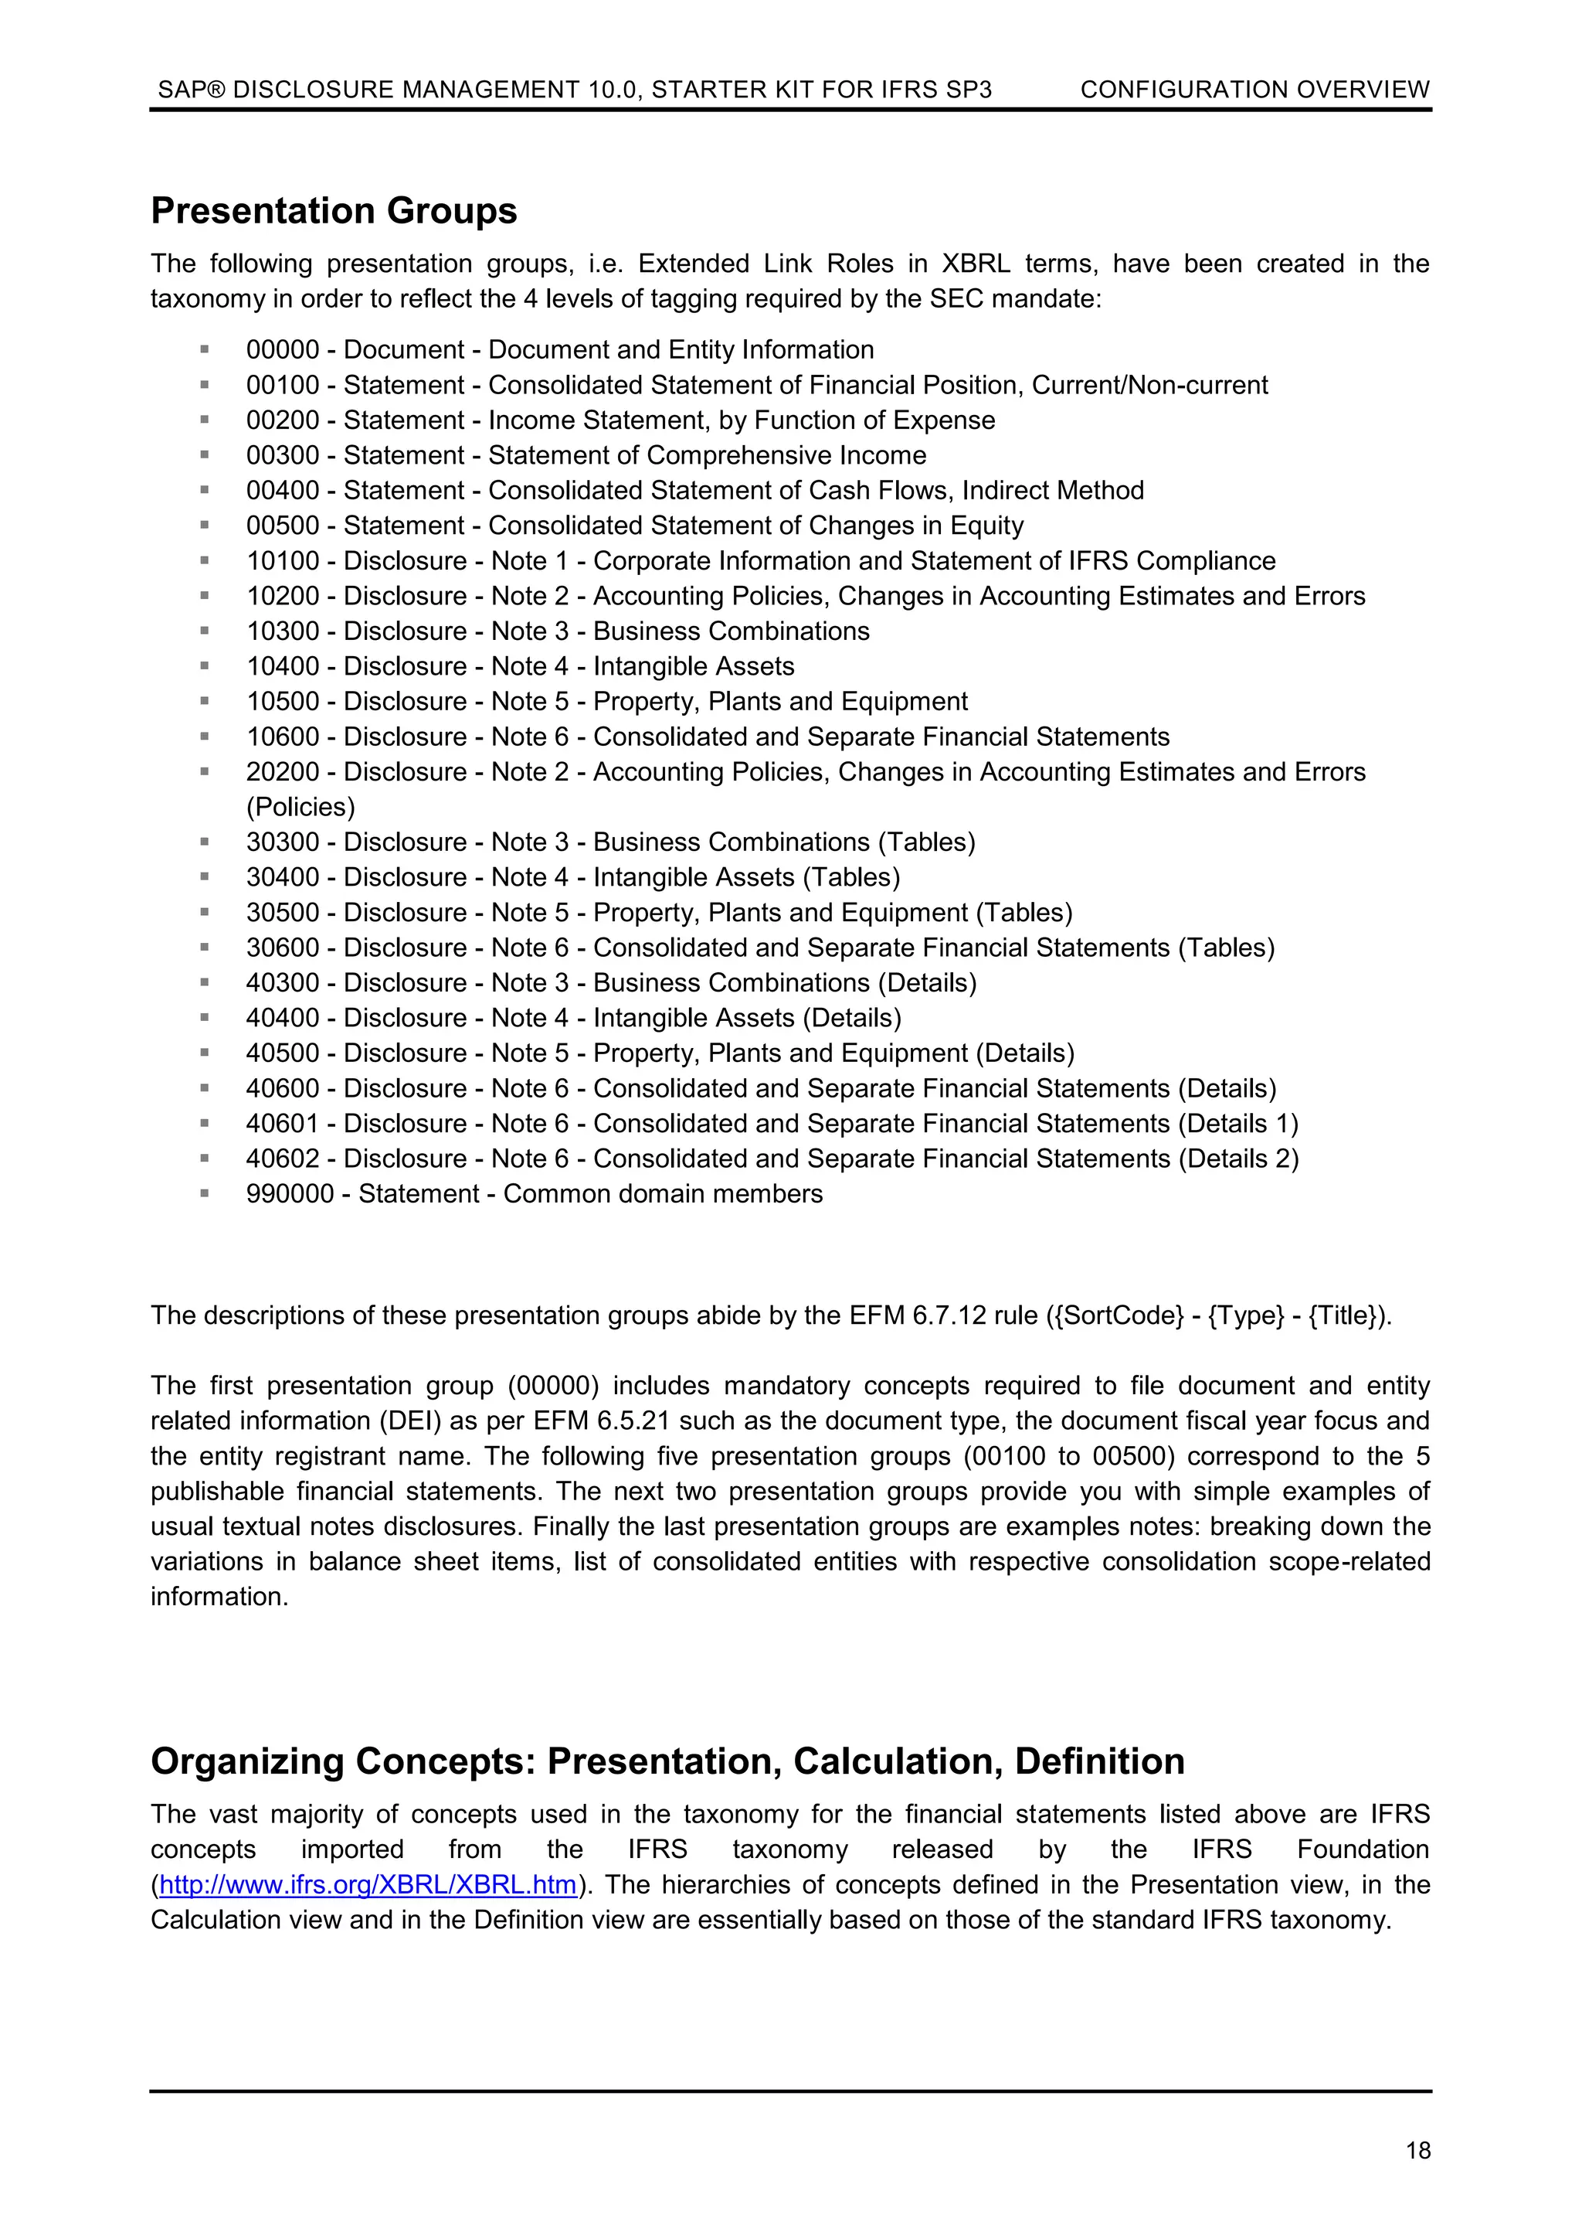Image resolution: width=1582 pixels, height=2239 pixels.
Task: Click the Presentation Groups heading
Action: click(x=334, y=211)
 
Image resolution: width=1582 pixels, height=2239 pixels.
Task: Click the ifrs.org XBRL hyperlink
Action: click(x=368, y=1884)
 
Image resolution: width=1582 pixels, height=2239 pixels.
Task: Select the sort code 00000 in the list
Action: click(x=283, y=350)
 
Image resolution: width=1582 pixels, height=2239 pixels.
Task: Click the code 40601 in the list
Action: click(x=283, y=1124)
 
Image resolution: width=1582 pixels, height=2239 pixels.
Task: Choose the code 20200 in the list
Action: click(x=283, y=771)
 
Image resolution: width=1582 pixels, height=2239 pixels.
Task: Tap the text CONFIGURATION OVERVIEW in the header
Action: click(x=1254, y=90)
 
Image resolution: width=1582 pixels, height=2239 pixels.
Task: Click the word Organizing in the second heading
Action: click(x=248, y=1762)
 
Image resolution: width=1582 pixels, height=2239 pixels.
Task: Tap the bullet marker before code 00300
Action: click(x=205, y=454)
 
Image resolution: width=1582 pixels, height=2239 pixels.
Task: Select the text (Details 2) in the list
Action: click(x=1238, y=1159)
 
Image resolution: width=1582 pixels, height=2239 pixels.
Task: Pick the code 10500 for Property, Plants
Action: click(x=283, y=701)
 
